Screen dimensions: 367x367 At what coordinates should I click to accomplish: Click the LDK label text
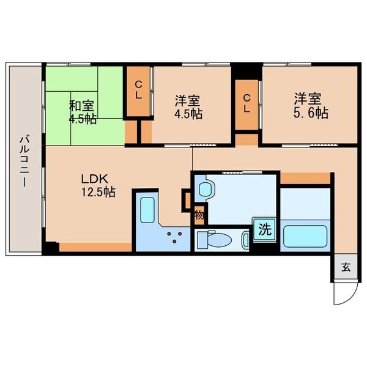(x=95, y=179)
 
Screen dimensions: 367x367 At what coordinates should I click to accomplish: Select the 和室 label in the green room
(x=81, y=105)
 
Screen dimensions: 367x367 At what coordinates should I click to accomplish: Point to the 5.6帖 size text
(x=310, y=113)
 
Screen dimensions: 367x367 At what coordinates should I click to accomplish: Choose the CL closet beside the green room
(x=139, y=92)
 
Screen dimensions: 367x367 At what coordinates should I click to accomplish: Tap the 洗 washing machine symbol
(x=264, y=231)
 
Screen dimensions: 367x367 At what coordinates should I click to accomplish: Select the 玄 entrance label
(x=345, y=267)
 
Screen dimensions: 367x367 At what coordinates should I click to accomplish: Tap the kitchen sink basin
(x=147, y=209)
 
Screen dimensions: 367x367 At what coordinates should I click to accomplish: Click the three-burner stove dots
(x=177, y=236)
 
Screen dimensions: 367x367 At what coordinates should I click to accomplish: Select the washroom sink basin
(x=206, y=188)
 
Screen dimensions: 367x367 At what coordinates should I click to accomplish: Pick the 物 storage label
(x=199, y=215)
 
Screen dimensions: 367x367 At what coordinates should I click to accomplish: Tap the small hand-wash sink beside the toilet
(x=245, y=240)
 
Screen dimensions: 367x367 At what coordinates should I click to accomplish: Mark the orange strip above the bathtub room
(x=304, y=178)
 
